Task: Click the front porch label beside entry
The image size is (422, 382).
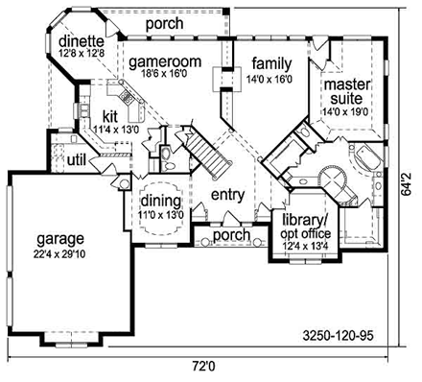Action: pyautogui.click(x=231, y=235)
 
